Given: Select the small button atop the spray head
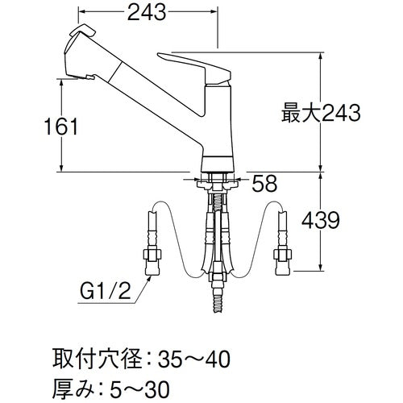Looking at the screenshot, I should [x=76, y=30].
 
